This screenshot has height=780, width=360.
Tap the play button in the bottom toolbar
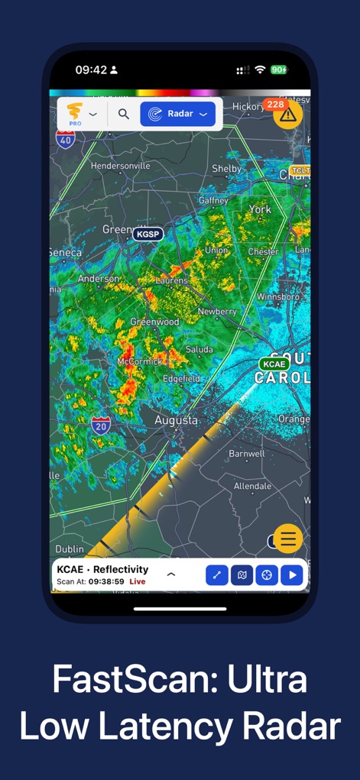click(x=291, y=575)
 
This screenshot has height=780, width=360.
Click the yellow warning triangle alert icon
click(x=287, y=115)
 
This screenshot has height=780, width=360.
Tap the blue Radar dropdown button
click(x=177, y=115)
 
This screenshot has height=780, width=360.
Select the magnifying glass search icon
click(x=124, y=115)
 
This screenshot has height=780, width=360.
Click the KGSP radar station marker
click(x=148, y=234)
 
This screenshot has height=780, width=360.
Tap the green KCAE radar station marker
click(x=274, y=364)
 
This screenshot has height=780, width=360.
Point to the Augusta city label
click(x=176, y=420)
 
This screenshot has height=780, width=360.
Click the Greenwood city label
click(x=154, y=322)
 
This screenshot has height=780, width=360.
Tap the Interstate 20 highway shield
click(x=101, y=426)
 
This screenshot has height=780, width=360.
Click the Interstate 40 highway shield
click(x=66, y=138)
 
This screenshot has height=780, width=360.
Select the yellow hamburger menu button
click(x=288, y=539)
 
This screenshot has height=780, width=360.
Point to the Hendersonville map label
click(x=121, y=165)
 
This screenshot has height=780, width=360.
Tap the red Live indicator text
click(x=138, y=582)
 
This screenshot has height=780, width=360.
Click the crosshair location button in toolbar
click(x=267, y=575)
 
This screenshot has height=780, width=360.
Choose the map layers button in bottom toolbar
click(x=242, y=575)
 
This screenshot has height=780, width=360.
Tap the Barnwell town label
click(x=247, y=454)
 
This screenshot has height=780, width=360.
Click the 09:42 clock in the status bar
click(x=91, y=70)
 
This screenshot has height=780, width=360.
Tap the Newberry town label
click(x=217, y=312)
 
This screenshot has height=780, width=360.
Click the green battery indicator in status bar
click(x=279, y=70)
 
